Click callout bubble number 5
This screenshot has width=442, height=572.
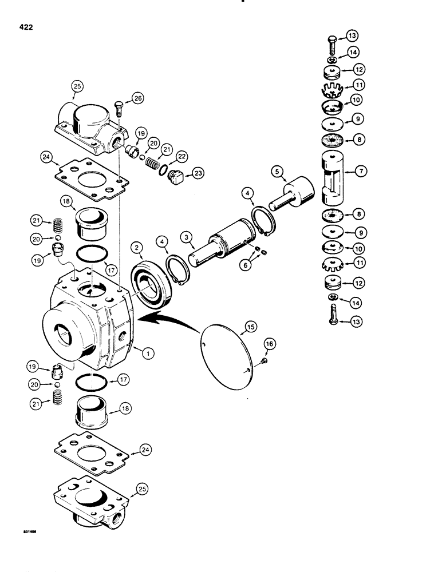tap(278, 170)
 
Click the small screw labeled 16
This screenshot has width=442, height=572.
tap(262, 360)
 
